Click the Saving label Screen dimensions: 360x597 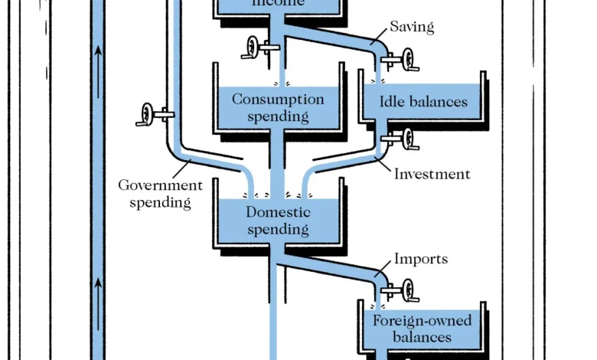pos(412,28)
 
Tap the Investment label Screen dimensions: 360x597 pos(432,174)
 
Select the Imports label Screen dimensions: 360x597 pos(420,259)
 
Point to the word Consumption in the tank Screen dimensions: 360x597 pos(278,100)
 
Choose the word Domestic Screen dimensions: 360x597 pos(278,212)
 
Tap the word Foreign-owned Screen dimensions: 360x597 pos(422,321)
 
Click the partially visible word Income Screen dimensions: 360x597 pos(278,3)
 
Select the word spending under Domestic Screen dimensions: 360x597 pos(278,229)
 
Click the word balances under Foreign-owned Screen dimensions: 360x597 pos(422,337)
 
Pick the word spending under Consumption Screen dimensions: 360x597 pos(278,116)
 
